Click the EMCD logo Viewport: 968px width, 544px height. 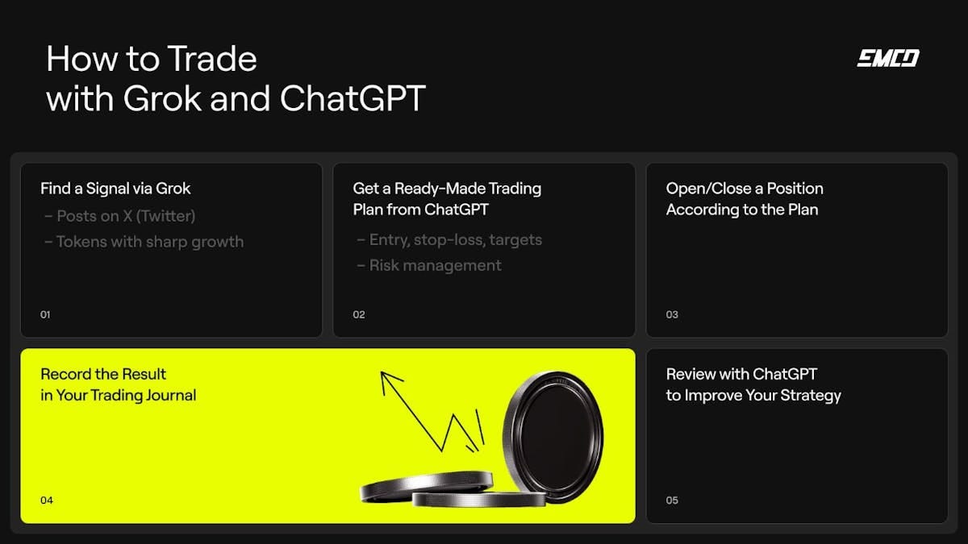[887, 58]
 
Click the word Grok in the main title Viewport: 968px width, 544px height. [161, 98]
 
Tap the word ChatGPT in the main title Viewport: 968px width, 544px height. [353, 98]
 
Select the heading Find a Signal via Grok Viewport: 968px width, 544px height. [115, 189]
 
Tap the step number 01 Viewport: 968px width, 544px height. [45, 314]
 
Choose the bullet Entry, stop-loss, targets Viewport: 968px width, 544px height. [449, 239]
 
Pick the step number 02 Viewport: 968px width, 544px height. [359, 314]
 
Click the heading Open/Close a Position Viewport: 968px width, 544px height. [745, 189]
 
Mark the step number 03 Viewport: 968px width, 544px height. [672, 314]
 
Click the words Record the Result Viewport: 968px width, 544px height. [103, 374]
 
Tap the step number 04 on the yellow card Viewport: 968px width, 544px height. [47, 500]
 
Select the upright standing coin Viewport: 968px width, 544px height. [553, 436]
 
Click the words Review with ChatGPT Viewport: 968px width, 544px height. [741, 374]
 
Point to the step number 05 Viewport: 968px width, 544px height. [672, 500]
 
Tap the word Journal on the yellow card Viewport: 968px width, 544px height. [165, 395]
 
